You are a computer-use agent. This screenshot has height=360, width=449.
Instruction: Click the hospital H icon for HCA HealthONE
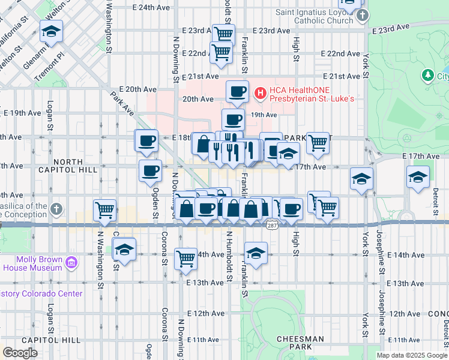pyautogui.click(x=260, y=92)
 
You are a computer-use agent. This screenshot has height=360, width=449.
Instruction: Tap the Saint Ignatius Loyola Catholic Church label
pyautogui.click(x=314, y=16)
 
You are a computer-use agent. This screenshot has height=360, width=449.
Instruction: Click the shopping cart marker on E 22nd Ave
pyautogui.click(x=221, y=53)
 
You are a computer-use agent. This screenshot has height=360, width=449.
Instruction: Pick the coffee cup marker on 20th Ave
pyautogui.click(x=237, y=91)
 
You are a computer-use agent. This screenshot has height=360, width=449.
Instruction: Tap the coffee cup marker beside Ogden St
pyautogui.click(x=150, y=170)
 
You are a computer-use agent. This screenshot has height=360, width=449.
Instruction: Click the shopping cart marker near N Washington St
pyautogui.click(x=105, y=209)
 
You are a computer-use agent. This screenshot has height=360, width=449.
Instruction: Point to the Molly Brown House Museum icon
pyautogui.click(x=71, y=262)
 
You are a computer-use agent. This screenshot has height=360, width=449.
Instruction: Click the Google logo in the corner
pyautogui.click(x=20, y=353)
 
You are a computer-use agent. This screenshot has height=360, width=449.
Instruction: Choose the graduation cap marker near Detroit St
pyautogui.click(x=418, y=177)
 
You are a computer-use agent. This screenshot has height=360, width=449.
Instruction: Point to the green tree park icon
pyautogui.click(x=427, y=76)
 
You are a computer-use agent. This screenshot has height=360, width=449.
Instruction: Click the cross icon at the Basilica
pyautogui.click(x=56, y=209)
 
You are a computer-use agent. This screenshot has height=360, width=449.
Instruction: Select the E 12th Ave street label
pyautogui.click(x=205, y=314)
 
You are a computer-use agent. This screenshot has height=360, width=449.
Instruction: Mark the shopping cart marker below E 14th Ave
pyautogui.click(x=185, y=259)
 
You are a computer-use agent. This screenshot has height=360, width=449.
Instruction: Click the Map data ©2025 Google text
pyautogui.click(x=411, y=355)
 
